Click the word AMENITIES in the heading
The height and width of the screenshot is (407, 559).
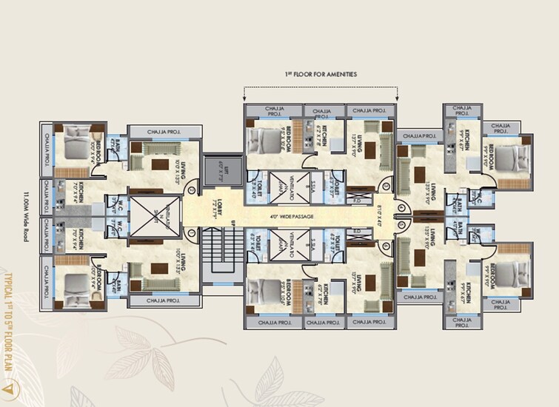[x=339, y=75]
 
